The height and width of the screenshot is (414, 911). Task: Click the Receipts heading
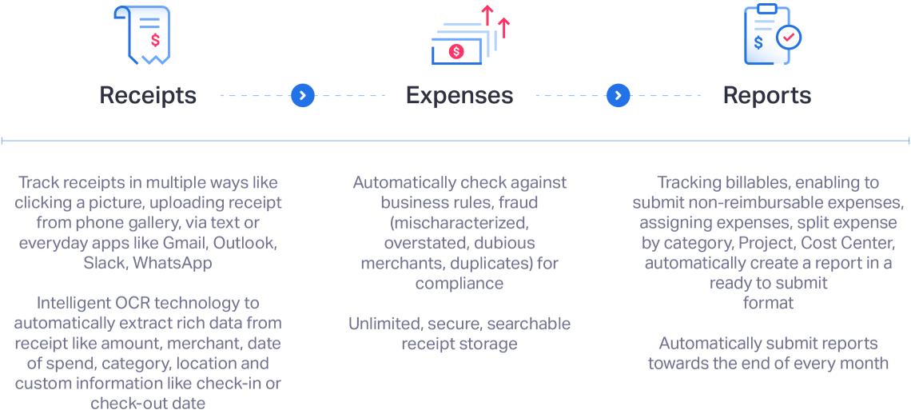pos(147,96)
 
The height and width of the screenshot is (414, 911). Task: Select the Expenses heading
pos(459,96)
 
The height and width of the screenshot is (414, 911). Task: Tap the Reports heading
pos(766,96)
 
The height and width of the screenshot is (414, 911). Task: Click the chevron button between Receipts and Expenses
pos(302,96)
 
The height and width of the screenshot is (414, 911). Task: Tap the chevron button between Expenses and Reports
pos(618,96)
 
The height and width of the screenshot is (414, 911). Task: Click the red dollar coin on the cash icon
pos(456,52)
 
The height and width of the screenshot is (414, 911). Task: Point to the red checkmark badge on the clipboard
pos(789,37)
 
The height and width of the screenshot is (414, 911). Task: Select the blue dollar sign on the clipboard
pos(758,42)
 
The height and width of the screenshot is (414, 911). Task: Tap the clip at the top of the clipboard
pos(767,9)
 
